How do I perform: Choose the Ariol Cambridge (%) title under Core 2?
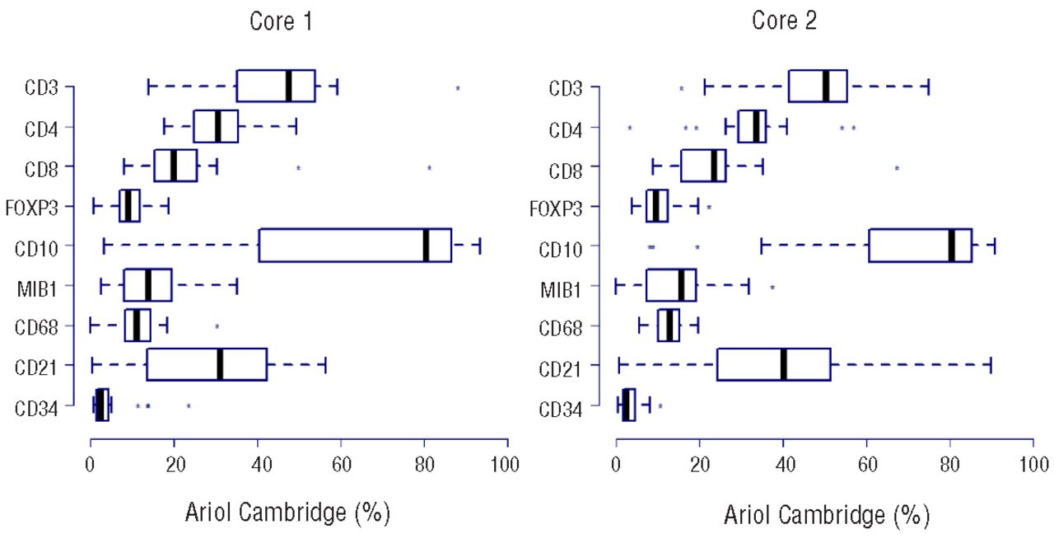pyautogui.click(x=826, y=515)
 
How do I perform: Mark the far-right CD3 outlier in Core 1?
pyautogui.click(x=458, y=88)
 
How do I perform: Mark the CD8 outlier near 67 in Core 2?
pyautogui.click(x=897, y=168)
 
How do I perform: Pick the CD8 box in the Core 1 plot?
pyautogui.click(x=175, y=166)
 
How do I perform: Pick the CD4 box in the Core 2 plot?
pyautogui.click(x=752, y=126)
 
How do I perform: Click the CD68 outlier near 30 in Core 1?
pyautogui.click(x=217, y=326)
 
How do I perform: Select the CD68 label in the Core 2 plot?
pyautogui.click(x=573, y=327)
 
